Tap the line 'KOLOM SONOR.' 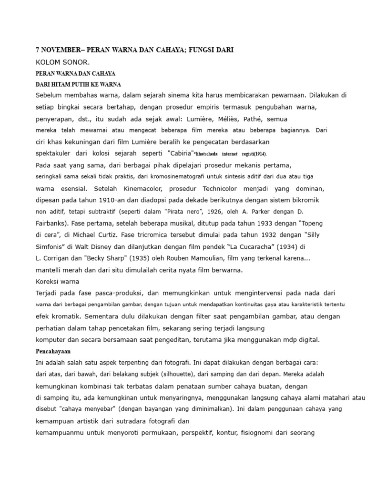(62, 62)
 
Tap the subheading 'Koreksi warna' (58, 281)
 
